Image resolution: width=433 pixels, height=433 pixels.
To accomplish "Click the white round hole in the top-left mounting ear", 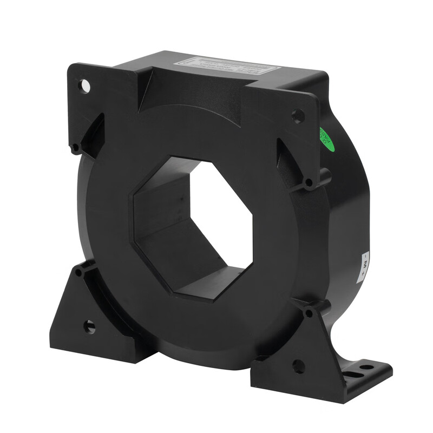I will coord(85,86).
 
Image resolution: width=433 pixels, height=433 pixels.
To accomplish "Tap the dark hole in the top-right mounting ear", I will coord(298,115).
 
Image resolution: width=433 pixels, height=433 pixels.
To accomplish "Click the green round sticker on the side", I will coord(327,140).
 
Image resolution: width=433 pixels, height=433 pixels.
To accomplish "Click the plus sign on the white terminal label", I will coord(363,273).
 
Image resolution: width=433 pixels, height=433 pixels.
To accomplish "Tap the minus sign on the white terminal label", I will coord(366,256).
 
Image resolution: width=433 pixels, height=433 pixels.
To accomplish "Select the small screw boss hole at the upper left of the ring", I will coord(76,147).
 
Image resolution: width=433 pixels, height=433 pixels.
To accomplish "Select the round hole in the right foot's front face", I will coord(298,366).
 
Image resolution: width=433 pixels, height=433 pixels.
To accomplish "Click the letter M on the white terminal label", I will coord(365,265).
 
